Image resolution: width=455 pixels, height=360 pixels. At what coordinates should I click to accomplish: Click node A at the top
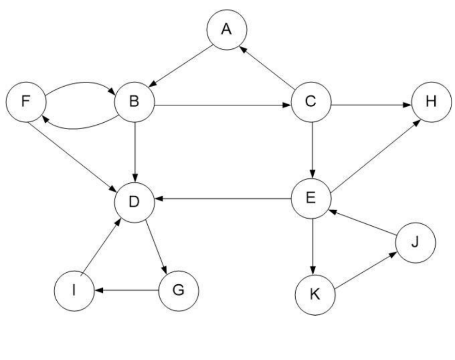coord(227,30)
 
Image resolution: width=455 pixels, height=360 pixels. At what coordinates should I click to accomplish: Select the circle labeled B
coord(135,102)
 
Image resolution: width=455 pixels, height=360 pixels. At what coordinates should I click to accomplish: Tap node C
coord(311,102)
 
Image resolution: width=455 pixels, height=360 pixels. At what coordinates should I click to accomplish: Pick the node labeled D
coord(135,202)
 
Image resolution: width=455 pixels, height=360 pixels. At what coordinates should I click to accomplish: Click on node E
coord(311,198)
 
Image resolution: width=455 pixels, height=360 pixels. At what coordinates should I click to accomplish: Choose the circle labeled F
coord(26,102)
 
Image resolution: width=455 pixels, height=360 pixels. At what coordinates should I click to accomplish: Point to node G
coord(179,291)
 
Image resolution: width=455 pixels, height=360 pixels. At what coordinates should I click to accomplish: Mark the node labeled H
coord(432,102)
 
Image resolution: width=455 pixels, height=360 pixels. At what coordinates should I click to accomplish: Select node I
coord(74,291)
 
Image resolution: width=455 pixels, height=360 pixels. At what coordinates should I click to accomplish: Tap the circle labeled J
coord(415,243)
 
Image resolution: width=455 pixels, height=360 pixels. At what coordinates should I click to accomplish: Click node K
coord(315,294)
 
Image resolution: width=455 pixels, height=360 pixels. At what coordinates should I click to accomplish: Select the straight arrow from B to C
coord(223,105)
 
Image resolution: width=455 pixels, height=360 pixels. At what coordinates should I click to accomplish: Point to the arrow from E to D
coord(223,199)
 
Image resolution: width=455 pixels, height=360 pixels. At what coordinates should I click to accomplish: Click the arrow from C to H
coord(371,105)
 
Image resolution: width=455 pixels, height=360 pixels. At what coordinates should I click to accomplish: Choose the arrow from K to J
coord(365,270)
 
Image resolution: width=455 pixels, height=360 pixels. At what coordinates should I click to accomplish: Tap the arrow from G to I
coord(126,290)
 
